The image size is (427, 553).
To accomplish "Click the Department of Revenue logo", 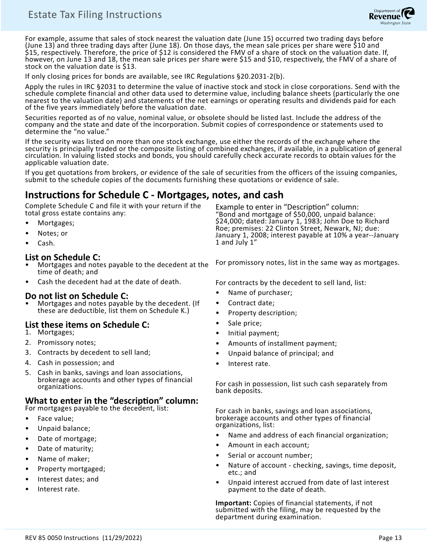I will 385,16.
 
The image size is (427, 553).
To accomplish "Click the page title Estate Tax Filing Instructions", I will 94,15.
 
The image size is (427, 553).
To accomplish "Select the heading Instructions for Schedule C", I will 154,195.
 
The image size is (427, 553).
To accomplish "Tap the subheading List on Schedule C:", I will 62,257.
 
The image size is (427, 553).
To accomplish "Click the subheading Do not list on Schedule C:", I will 76,296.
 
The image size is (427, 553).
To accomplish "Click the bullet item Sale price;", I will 245,323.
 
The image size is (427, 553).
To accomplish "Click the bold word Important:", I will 233,503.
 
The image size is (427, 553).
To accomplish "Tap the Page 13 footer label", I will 390,538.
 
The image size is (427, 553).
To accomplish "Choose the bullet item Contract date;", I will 251,303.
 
